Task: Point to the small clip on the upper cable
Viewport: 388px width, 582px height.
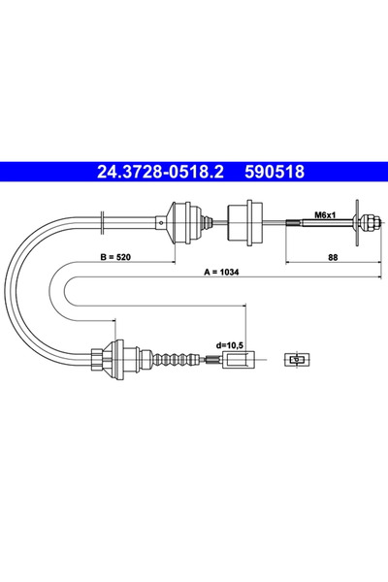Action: (x=104, y=222)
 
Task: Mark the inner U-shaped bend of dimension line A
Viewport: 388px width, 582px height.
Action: (x=69, y=301)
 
